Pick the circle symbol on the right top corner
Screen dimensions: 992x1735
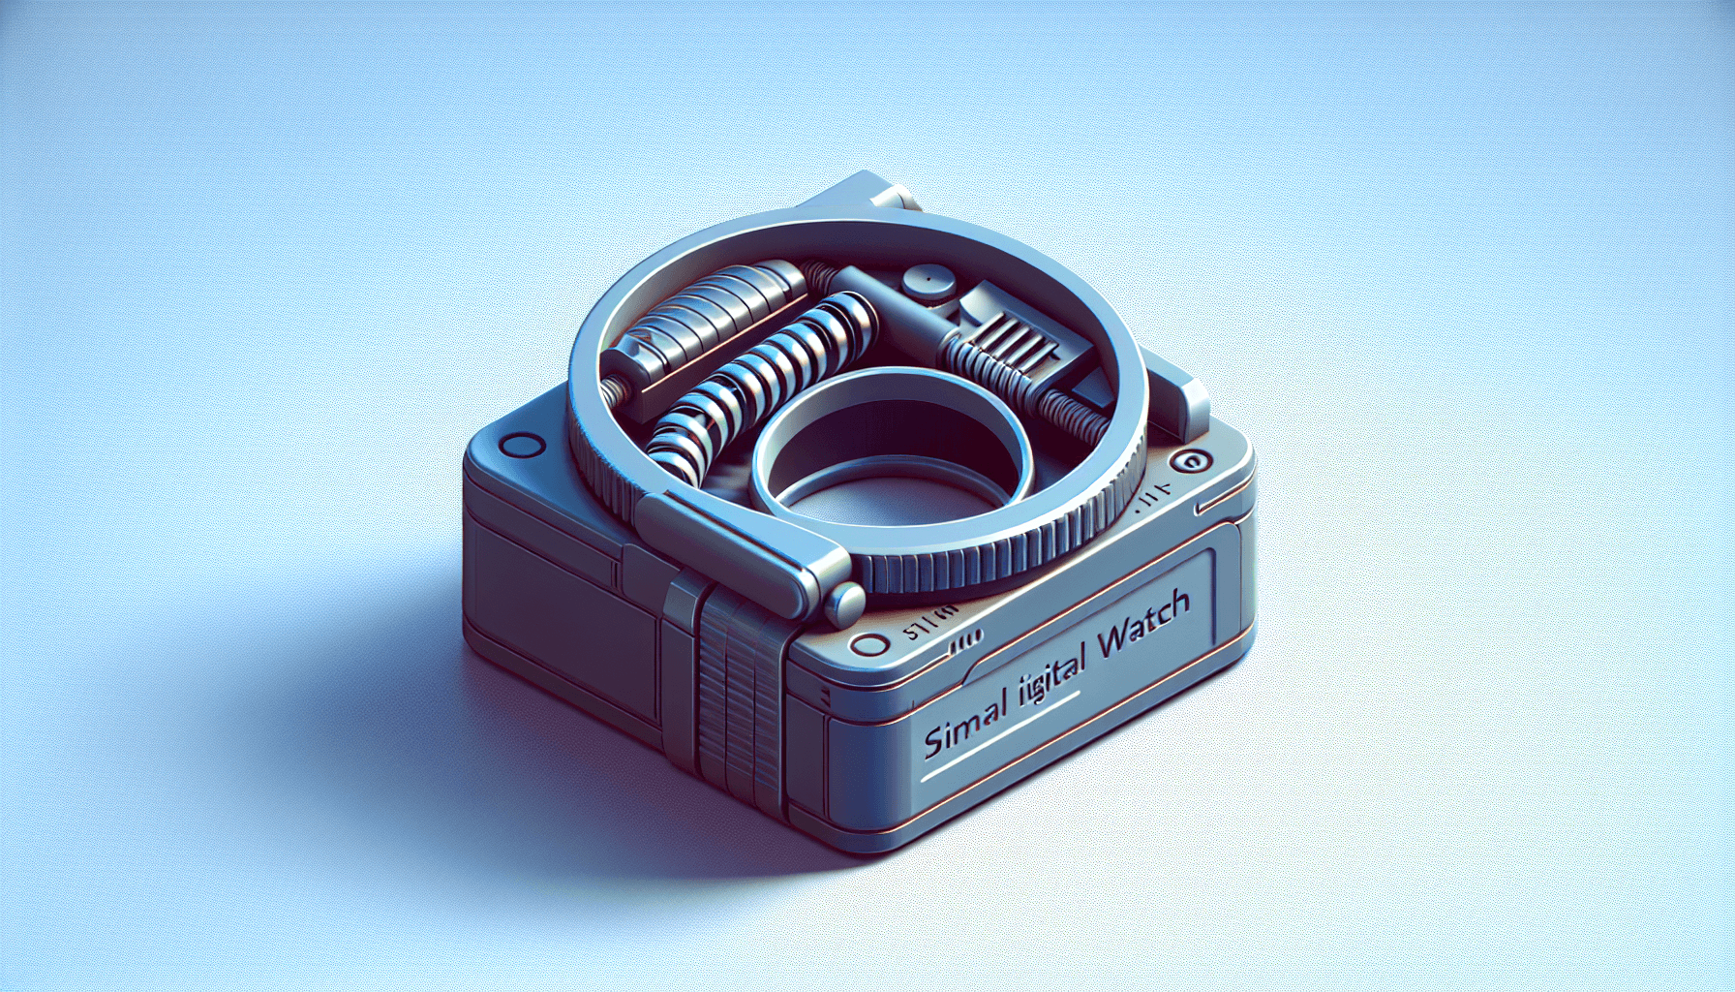point(1187,462)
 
